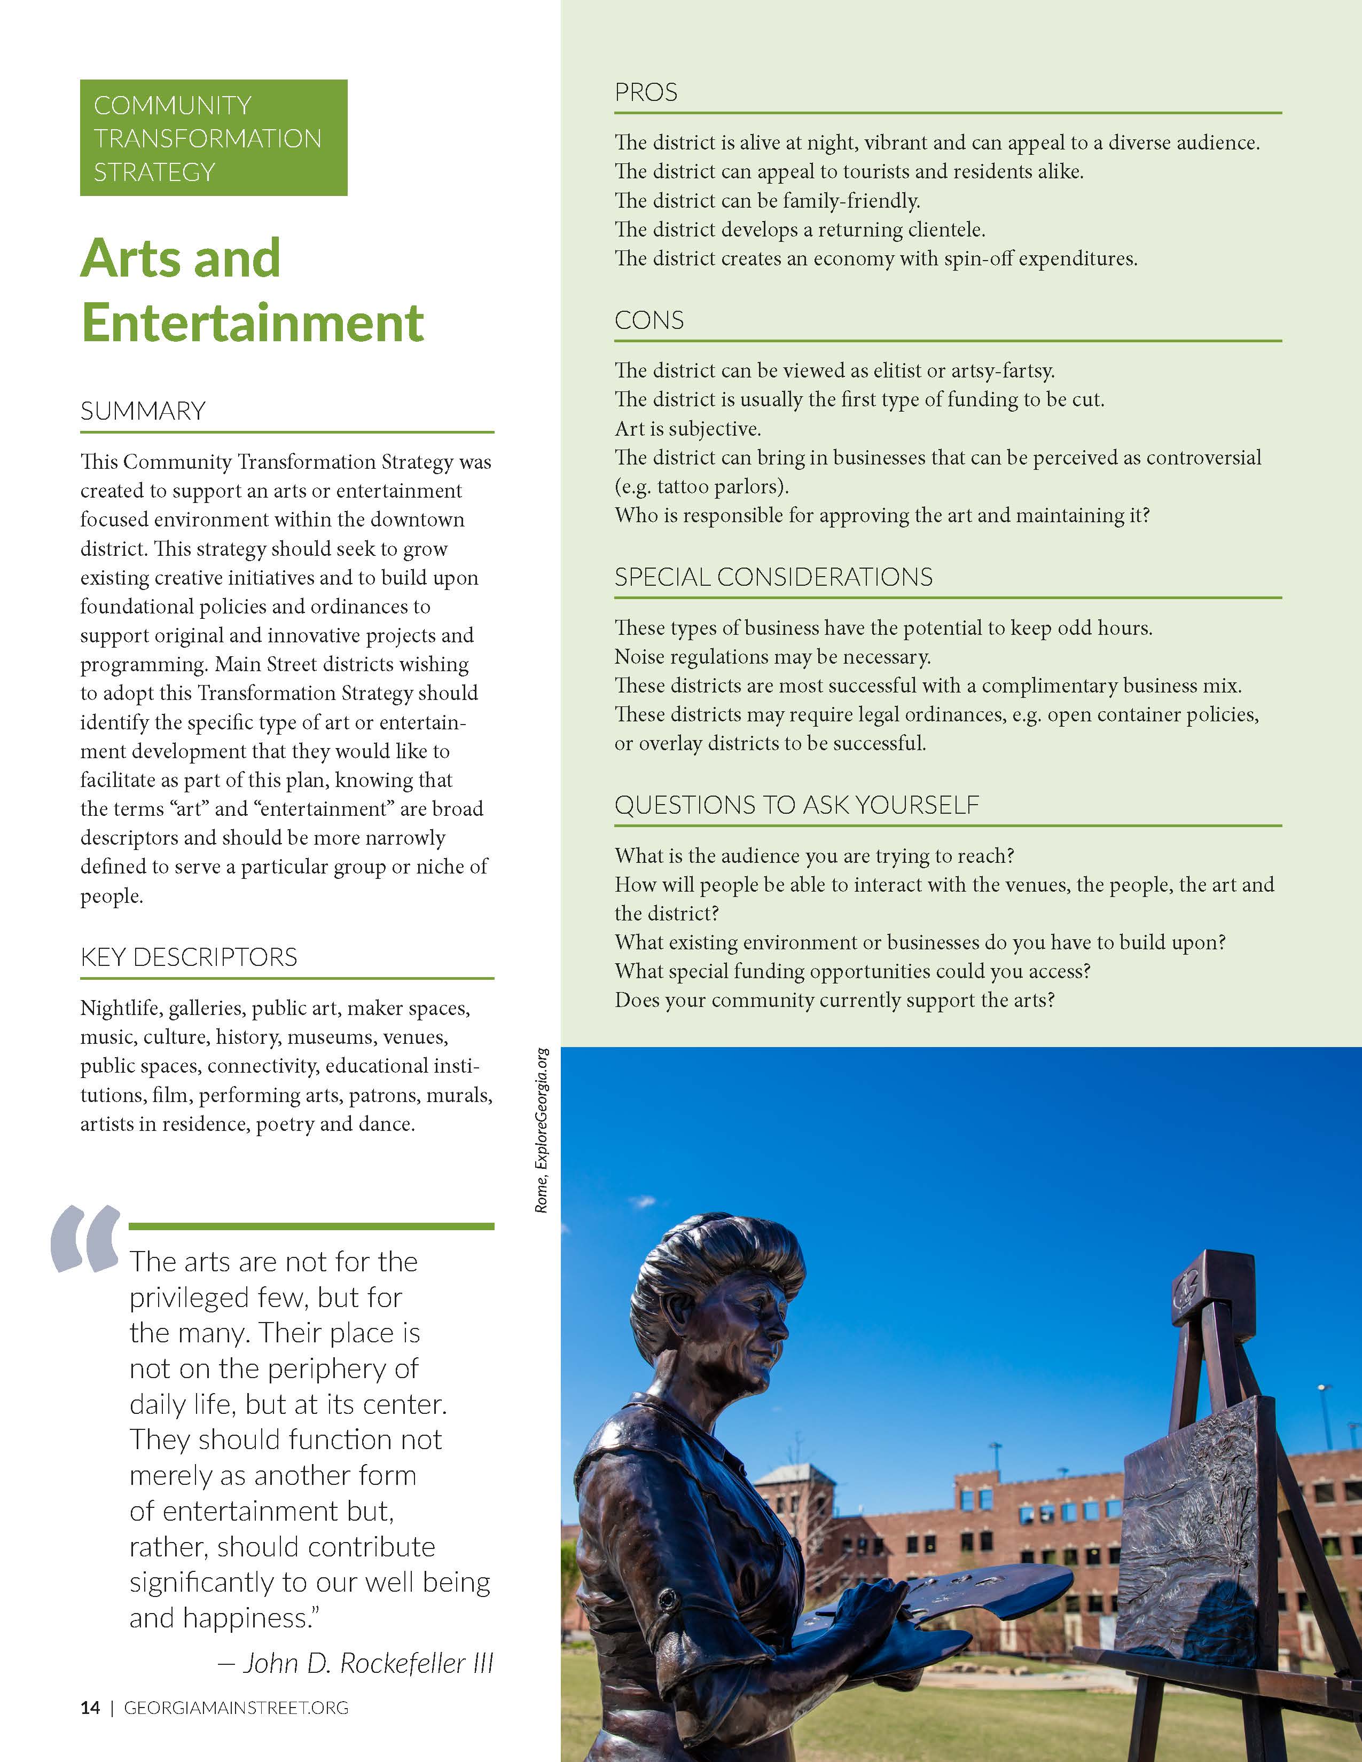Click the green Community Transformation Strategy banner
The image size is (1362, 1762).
click(213, 138)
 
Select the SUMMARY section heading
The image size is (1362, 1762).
click(143, 412)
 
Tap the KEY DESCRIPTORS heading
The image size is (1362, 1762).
click(188, 958)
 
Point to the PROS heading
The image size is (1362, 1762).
click(646, 93)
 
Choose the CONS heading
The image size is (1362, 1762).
click(649, 321)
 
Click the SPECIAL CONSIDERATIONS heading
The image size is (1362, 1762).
click(773, 578)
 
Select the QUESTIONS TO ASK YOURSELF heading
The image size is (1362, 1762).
click(796, 805)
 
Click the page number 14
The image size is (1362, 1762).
click(90, 1708)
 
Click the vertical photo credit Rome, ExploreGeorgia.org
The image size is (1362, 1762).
click(542, 1129)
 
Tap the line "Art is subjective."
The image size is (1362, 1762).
click(687, 429)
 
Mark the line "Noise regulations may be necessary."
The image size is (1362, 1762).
click(772, 657)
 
